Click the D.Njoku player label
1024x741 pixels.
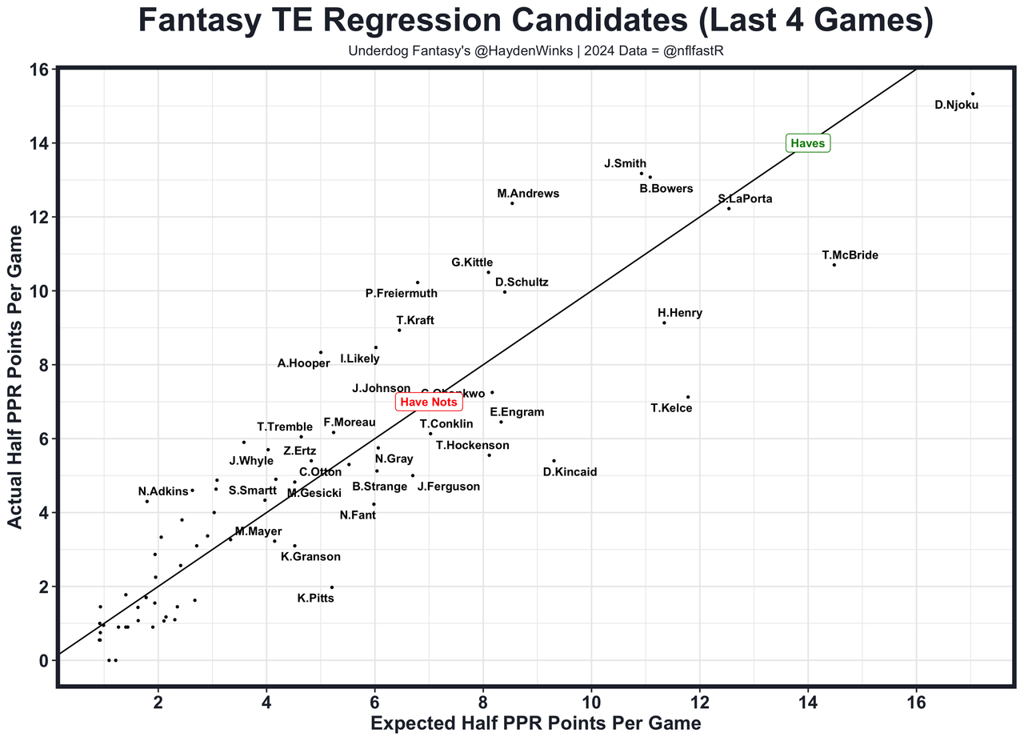point(956,104)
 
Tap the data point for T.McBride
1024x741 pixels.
point(834,265)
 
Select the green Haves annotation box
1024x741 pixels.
point(807,144)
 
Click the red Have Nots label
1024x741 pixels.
point(429,402)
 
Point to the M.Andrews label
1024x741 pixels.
point(528,194)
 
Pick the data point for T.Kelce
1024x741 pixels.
point(687,397)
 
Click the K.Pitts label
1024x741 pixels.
point(316,598)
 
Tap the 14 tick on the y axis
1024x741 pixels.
point(37,143)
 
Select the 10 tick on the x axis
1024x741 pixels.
point(592,703)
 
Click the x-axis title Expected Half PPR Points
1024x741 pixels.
point(535,723)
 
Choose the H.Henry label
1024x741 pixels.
point(680,313)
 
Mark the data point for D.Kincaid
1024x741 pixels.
point(554,460)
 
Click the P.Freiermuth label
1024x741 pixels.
point(402,294)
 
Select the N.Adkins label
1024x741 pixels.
point(162,491)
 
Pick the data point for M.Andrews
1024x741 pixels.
point(512,203)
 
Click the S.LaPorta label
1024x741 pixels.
point(745,198)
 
